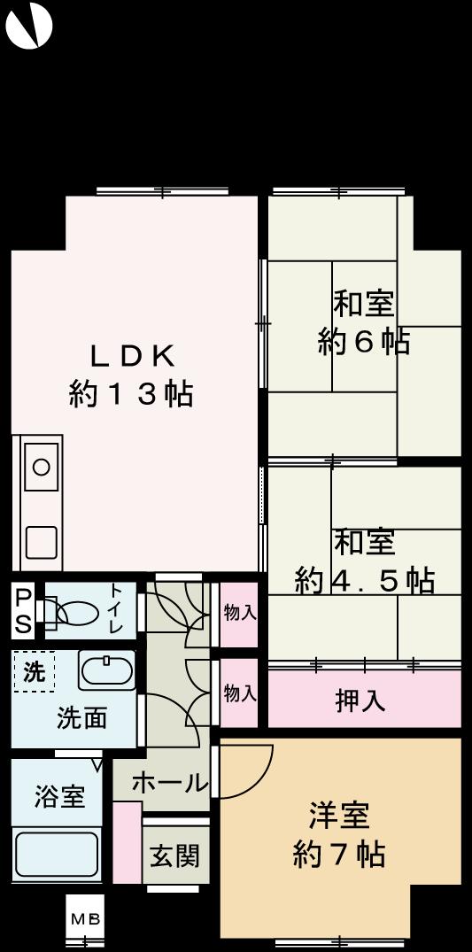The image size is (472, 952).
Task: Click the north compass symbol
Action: coord(29,27)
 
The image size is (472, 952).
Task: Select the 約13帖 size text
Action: coord(131,393)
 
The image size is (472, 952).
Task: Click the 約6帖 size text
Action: coord(363,342)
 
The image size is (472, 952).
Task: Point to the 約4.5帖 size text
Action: coord(364,580)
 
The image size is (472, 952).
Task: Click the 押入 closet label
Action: coord(360,700)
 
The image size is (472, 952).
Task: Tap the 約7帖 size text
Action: coord(338,855)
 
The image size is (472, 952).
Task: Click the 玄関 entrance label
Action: coord(174,856)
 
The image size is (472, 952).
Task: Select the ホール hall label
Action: coord(169,783)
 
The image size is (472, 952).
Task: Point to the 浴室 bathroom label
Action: coord(59,796)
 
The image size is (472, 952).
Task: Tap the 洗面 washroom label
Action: coord(81,717)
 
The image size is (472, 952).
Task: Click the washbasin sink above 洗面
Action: coord(106,671)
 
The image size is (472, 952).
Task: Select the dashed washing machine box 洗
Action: coord(34,671)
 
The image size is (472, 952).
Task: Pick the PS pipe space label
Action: coord(23,610)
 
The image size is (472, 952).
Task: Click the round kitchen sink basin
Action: coord(41,466)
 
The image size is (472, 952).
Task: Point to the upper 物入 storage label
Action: coord(239,613)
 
